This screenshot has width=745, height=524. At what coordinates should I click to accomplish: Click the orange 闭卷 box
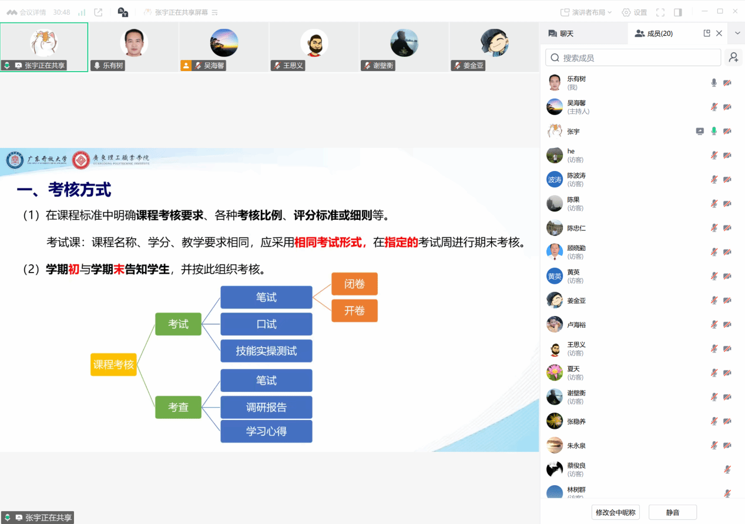[x=354, y=284]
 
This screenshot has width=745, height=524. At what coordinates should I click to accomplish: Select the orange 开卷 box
[x=354, y=311]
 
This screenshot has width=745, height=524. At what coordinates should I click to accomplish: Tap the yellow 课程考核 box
[x=113, y=364]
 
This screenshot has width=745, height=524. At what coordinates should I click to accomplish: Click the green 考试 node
[x=178, y=324]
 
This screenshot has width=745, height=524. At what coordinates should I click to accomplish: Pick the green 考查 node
[x=178, y=407]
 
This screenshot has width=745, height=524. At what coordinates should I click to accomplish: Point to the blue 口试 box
[x=266, y=324]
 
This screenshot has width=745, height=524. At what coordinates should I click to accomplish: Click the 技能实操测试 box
[x=266, y=351]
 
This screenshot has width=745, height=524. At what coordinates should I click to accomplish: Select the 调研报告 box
[x=266, y=407]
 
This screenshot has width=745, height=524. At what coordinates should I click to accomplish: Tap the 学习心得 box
[x=266, y=431]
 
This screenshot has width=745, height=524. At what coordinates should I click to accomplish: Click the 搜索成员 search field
[x=633, y=58]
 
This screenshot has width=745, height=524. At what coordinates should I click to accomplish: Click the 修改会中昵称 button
[x=615, y=512]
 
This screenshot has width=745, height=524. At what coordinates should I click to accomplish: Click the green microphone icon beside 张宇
[x=714, y=131]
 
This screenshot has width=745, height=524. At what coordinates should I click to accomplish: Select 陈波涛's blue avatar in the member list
[x=555, y=180]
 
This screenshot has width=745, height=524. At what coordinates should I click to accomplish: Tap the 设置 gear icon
[x=626, y=13]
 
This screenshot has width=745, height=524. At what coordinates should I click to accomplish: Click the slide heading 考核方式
[x=79, y=190]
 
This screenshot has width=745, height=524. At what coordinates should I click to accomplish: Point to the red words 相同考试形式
[x=328, y=242]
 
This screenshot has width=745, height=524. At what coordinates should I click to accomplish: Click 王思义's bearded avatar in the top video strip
[x=314, y=42]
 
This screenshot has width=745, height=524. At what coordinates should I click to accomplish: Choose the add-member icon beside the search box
[x=733, y=58]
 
